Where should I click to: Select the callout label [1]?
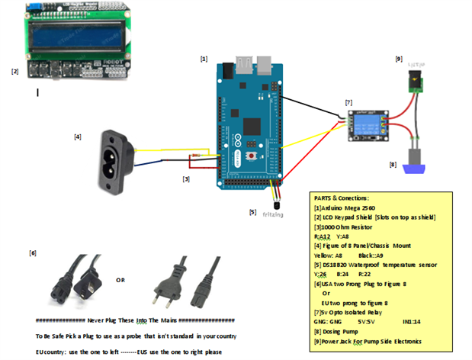point(204,58)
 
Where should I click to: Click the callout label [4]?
point(78,137)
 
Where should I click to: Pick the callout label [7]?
point(348,101)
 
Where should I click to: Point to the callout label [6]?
point(33,252)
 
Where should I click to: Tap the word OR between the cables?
point(120,279)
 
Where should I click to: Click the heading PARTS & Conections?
point(342,198)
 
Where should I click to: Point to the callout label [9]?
point(398,58)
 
